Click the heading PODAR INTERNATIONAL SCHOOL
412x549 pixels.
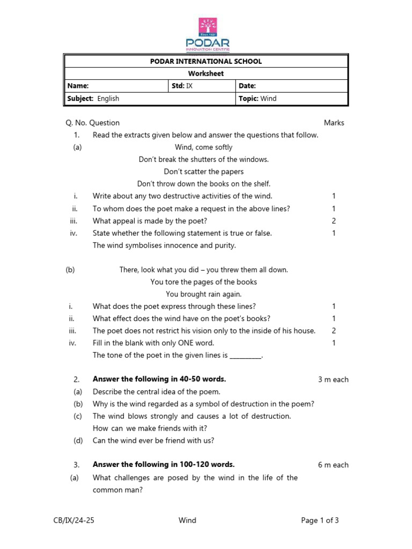[206, 61]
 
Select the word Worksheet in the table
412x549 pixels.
[206, 73]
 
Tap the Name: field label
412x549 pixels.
[78, 86]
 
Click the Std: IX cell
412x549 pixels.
[181, 86]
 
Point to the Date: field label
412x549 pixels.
[247, 86]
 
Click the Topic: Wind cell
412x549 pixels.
[257, 99]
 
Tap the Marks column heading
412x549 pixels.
[334, 123]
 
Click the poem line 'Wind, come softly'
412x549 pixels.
[203, 147]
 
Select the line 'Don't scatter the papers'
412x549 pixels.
[203, 172]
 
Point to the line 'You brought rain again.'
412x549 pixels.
[203, 294]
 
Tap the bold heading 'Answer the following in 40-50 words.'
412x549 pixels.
[159, 379]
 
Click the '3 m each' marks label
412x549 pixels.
[333, 380]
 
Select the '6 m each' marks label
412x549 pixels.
[333, 465]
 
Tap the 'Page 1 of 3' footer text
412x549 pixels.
[320, 520]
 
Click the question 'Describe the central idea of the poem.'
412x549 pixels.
[156, 392]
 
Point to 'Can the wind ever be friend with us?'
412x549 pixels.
[153, 441]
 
